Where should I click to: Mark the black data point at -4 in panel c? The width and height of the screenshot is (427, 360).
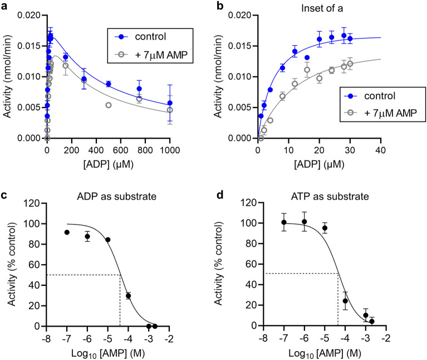point(128,296)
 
